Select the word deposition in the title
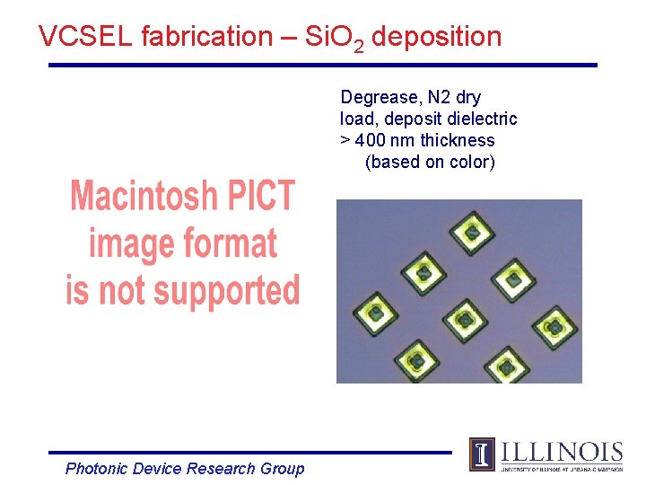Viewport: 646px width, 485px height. tap(436, 37)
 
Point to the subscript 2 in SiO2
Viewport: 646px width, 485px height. tap(359, 47)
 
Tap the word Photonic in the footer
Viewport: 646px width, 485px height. tap(97, 469)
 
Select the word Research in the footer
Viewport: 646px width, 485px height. tap(223, 469)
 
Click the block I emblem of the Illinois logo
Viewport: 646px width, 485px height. tap(482, 454)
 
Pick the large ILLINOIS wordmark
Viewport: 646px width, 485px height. tap(562, 451)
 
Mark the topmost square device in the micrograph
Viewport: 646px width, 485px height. tap(473, 231)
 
